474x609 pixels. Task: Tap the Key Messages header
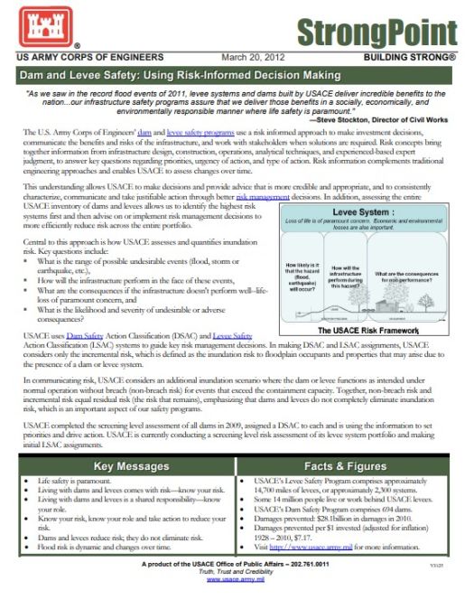[x=125, y=467]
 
